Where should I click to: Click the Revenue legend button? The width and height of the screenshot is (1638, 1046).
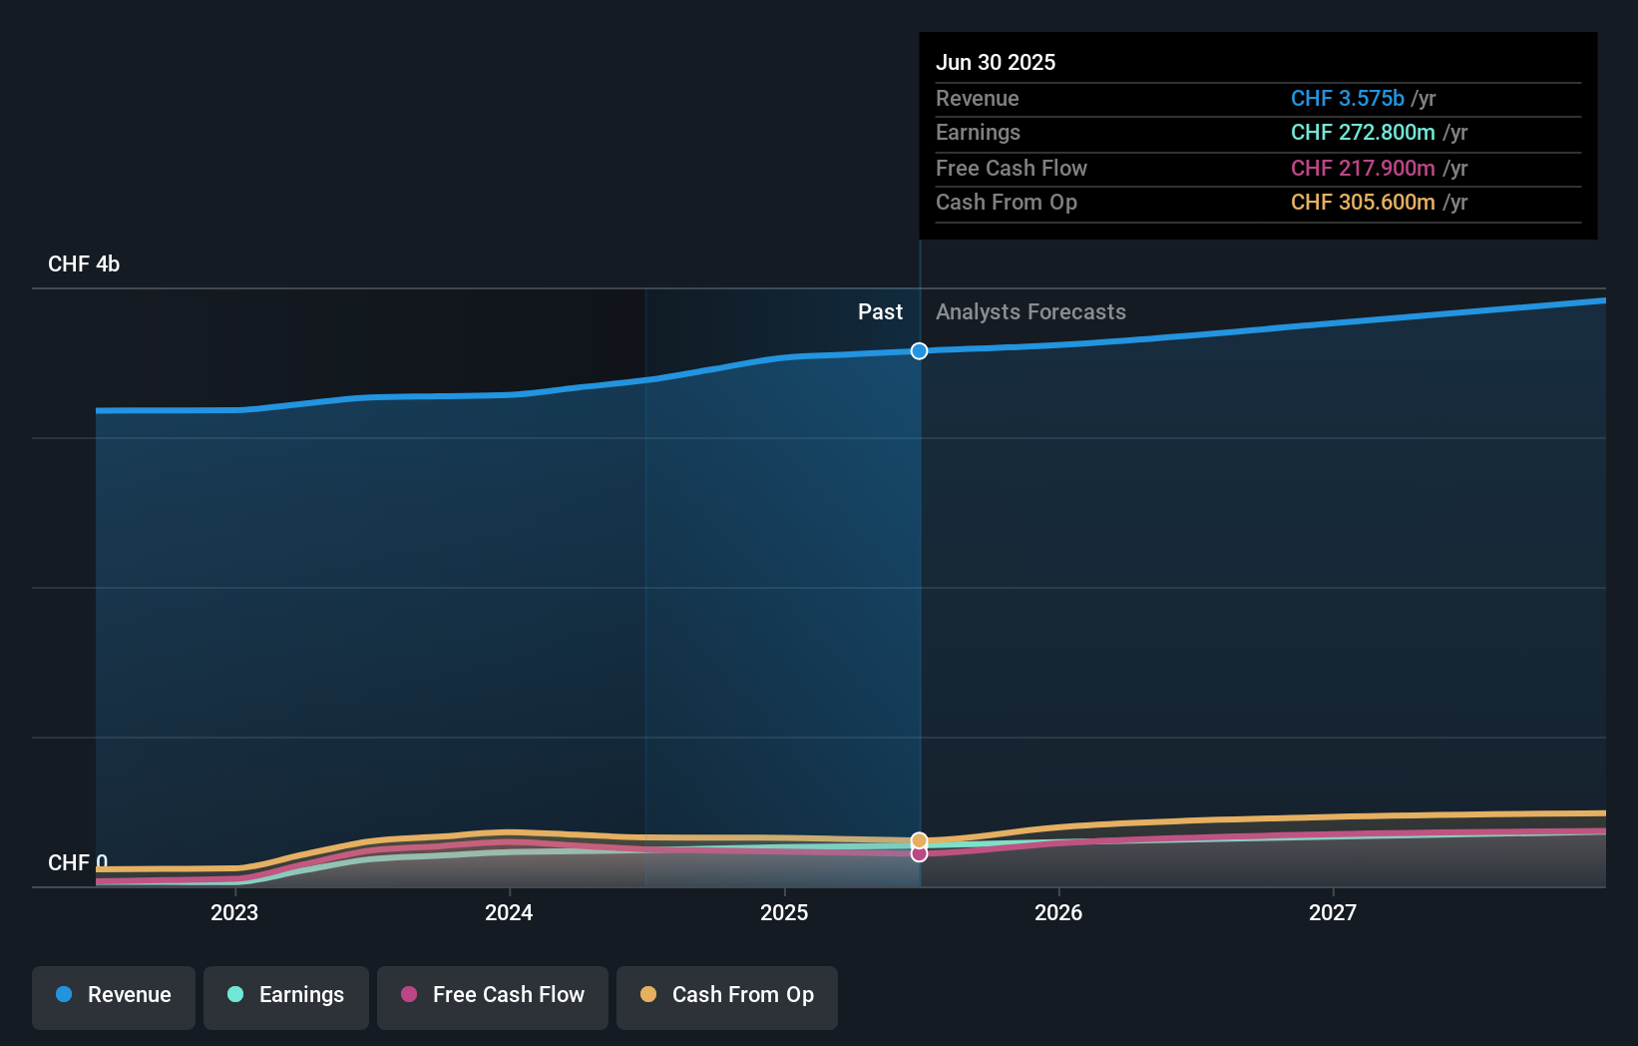point(114,995)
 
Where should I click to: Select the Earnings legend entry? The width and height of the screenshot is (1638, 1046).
point(286,995)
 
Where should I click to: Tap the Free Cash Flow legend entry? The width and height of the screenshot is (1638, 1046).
point(493,995)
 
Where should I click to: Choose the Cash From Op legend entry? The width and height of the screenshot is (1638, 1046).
point(727,995)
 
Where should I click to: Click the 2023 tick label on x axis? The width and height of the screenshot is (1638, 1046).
point(234,912)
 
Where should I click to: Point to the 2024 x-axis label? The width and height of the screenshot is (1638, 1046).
point(509,912)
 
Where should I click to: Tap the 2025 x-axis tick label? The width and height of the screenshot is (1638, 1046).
point(784,912)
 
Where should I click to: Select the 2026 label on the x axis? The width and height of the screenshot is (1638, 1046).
point(1058,912)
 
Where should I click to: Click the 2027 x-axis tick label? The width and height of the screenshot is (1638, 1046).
point(1333,912)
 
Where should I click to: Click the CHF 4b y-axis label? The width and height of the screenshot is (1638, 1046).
point(84,264)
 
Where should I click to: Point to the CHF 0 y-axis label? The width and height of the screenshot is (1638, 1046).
point(78,862)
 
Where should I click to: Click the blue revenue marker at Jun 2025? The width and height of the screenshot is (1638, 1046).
point(919,351)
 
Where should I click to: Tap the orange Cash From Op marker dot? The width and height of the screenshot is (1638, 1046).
point(919,840)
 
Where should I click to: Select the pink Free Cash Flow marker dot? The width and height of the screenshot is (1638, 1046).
point(919,854)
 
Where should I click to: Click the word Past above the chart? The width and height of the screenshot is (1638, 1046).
point(880,312)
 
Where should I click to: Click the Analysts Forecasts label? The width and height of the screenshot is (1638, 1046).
point(1030,312)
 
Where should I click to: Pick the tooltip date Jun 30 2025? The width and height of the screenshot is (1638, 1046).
point(996,62)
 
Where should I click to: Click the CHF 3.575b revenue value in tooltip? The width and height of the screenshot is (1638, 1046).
point(1347,98)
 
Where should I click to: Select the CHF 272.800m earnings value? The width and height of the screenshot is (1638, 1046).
point(1363,133)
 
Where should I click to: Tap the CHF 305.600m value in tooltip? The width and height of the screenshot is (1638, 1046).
point(1363,203)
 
